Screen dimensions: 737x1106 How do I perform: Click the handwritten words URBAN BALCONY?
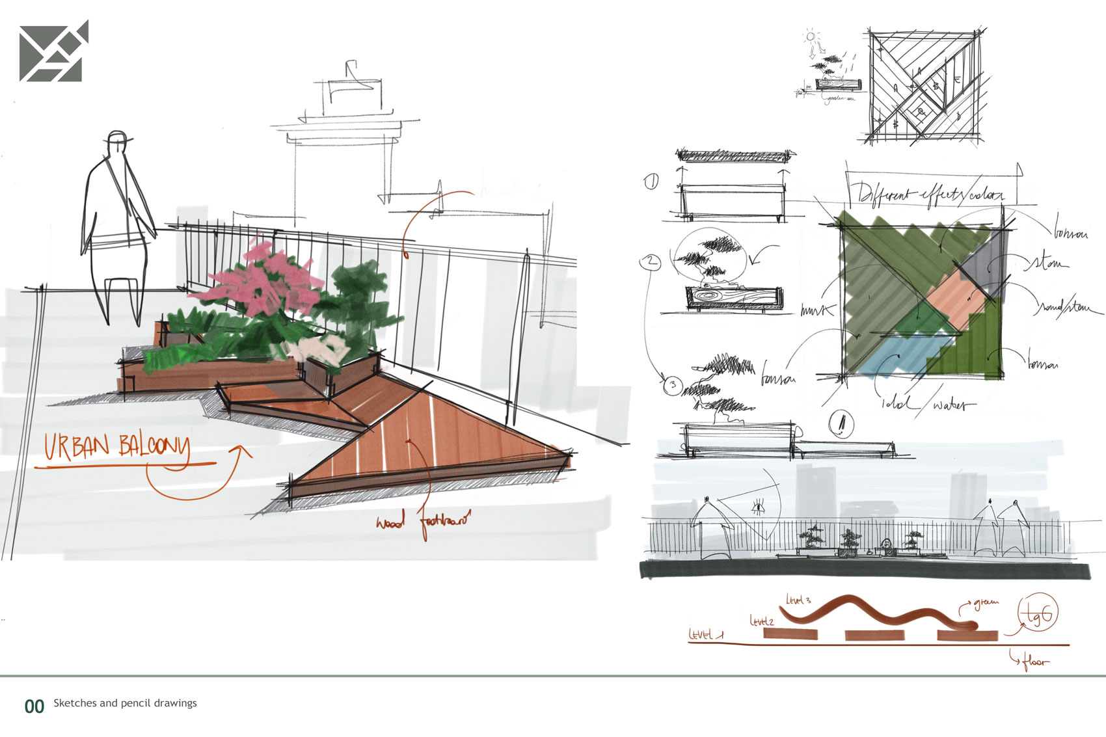click(117, 448)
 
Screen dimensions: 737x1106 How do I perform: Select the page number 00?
click(34, 706)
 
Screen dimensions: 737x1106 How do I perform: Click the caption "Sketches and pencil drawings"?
click(125, 703)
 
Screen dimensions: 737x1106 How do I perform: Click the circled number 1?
click(651, 182)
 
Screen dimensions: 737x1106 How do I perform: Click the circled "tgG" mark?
click(1038, 613)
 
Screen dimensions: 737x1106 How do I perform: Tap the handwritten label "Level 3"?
click(798, 600)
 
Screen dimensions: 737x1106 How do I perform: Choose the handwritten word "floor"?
click(1034, 662)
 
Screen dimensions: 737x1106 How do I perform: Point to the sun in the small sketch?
click(811, 36)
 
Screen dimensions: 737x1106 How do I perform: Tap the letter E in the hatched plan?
click(957, 79)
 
